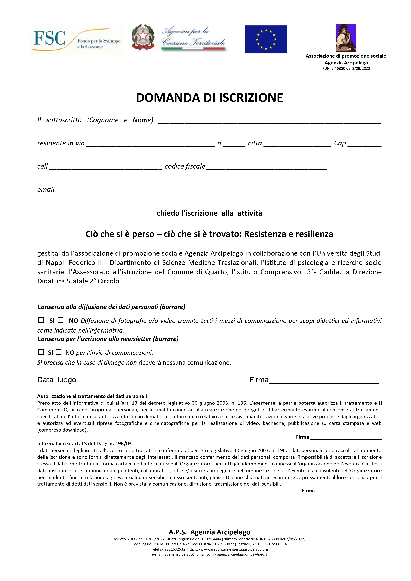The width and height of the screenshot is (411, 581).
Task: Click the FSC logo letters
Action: click(50, 38)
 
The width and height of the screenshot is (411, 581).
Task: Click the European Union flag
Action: click(266, 39)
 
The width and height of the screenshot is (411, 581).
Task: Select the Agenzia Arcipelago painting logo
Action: click(346, 38)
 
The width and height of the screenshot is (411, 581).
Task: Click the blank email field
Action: click(106, 191)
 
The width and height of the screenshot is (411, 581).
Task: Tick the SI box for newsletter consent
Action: click(41, 352)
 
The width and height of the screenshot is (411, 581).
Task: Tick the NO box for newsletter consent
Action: click(59, 352)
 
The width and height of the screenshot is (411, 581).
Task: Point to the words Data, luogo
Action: click(57, 380)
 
